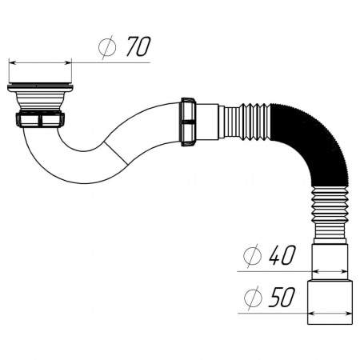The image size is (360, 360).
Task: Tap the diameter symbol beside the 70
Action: pyautogui.click(x=107, y=47)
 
